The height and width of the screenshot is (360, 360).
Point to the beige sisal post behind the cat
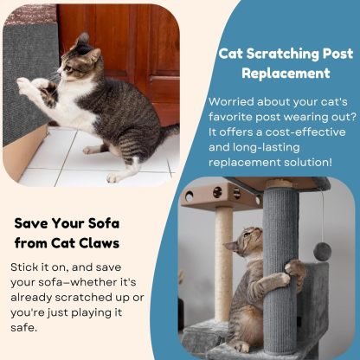pos(223,260)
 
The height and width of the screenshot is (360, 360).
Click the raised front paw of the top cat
pos(29,85)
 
